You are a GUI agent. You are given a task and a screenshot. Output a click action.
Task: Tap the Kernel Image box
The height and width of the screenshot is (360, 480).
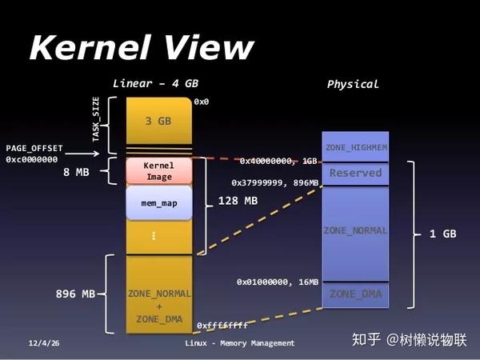click(158, 170)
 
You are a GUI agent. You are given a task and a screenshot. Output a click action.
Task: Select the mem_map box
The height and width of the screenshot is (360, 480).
click(158, 203)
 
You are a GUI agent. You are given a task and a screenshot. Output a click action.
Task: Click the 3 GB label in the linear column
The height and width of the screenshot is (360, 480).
click(158, 122)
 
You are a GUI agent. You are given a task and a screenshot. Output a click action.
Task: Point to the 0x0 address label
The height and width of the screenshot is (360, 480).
click(201, 102)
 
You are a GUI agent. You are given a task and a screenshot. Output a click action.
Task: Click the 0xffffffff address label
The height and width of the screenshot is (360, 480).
click(222, 326)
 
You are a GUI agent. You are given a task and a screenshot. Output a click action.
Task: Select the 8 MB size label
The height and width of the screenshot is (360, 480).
click(77, 171)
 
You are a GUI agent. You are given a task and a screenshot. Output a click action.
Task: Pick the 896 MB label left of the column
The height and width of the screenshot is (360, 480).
click(76, 294)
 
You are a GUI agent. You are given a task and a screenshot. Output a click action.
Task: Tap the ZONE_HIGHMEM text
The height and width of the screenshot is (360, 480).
click(356, 148)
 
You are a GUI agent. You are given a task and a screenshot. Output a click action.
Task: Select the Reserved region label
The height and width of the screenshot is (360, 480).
click(356, 173)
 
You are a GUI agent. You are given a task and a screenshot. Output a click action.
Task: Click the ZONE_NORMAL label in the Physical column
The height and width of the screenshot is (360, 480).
click(356, 230)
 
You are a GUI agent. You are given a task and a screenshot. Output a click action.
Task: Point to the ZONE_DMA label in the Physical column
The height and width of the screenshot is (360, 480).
click(356, 294)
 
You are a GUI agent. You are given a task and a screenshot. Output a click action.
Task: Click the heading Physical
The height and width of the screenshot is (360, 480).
click(353, 84)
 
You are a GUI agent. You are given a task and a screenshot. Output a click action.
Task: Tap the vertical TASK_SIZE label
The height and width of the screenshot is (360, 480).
click(96, 120)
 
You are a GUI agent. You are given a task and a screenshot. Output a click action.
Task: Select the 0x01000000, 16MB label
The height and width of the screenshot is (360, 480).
click(278, 282)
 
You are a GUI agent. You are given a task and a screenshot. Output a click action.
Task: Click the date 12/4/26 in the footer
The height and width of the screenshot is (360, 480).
click(43, 343)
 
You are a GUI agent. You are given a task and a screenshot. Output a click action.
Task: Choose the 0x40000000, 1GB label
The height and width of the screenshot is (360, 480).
click(278, 161)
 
